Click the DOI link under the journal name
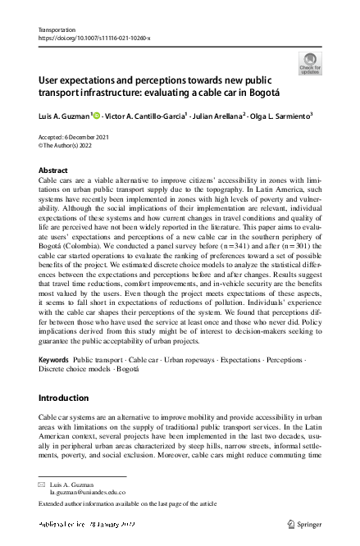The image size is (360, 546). click(94, 38)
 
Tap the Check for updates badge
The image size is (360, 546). click(310, 63)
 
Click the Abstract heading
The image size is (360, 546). click(53, 170)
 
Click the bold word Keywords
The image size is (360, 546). click(54, 361)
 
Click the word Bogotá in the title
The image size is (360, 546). click(270, 93)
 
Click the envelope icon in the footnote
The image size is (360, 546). click(43, 485)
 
